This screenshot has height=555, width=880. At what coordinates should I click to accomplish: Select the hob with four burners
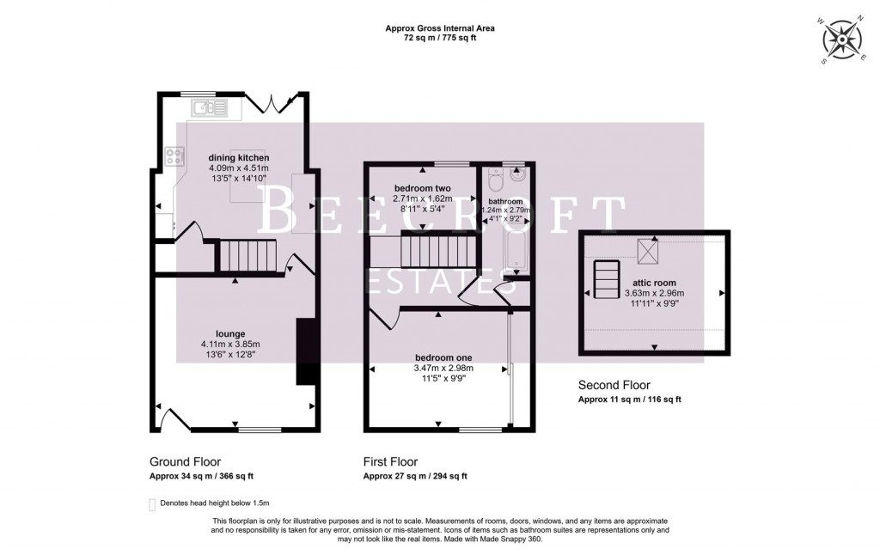174,156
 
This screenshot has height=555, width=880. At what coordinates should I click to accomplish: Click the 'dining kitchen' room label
239,158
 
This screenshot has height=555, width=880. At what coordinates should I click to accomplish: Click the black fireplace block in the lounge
304,351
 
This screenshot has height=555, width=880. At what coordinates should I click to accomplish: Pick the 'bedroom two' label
423,188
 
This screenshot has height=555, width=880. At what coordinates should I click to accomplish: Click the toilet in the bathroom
493,182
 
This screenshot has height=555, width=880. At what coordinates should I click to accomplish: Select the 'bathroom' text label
505,202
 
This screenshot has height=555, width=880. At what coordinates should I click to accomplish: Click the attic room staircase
606,278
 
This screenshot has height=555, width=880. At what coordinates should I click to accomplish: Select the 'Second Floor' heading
614,385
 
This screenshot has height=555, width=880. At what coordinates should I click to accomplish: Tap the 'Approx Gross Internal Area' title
439,28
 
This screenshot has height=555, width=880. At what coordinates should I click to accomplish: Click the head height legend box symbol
152,504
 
